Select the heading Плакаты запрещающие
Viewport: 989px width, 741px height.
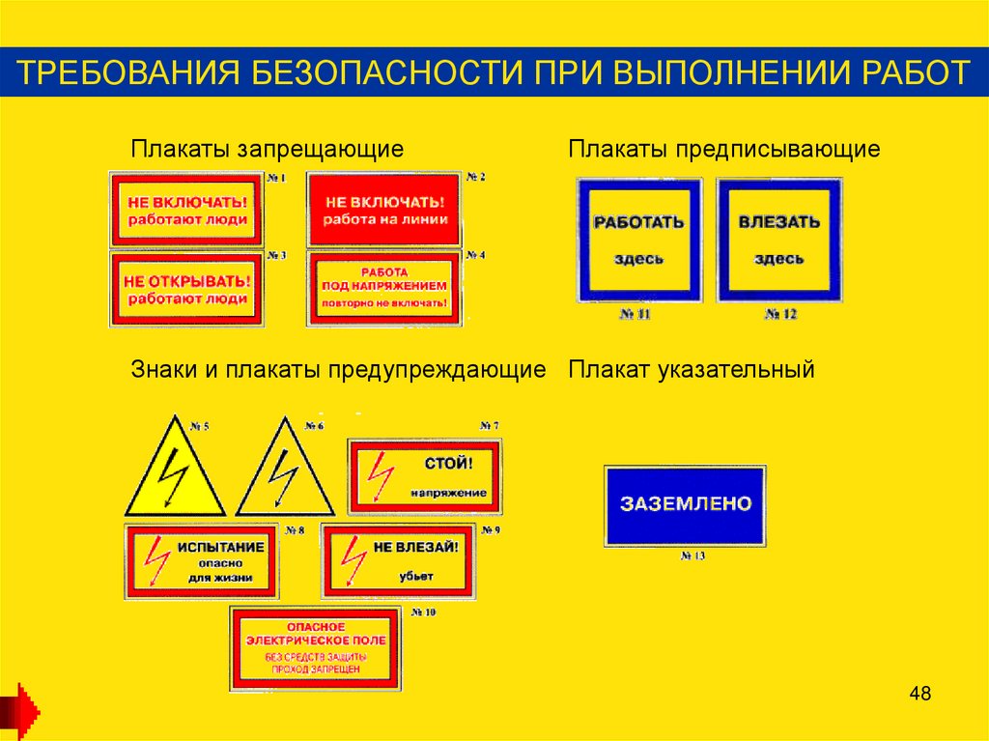click(268, 150)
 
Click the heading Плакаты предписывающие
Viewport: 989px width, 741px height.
click(724, 150)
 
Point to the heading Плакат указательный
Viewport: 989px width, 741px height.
click(692, 369)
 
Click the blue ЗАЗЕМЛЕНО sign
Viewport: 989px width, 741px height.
click(685, 505)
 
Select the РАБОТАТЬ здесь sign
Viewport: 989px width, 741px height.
click(638, 240)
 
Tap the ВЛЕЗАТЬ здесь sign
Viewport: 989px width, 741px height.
click(778, 240)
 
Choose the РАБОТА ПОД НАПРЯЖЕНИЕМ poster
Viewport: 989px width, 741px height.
click(384, 288)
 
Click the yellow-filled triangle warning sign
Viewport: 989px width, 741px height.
click(174, 469)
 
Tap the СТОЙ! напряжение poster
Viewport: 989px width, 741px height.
click(425, 476)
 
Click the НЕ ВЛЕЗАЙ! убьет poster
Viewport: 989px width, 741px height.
click(398, 561)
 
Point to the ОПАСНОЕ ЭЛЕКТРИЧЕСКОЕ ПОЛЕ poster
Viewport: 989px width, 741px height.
click(315, 647)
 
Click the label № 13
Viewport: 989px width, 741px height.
click(692, 556)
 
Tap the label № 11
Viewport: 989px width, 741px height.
click(637, 315)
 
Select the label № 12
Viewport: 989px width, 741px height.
click(779, 315)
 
